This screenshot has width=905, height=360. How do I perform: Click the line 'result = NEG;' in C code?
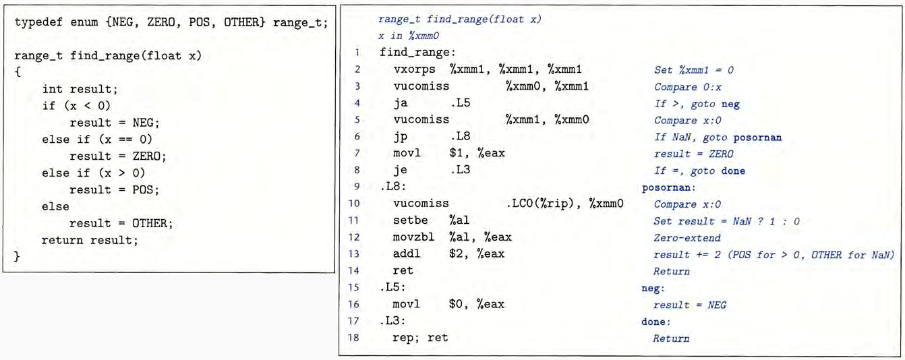tap(114, 123)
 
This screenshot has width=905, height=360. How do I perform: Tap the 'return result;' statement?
tap(90, 239)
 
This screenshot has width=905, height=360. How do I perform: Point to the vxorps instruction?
tap(414, 69)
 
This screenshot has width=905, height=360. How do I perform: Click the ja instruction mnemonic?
tap(401, 103)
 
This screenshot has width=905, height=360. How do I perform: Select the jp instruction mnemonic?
tap(401, 137)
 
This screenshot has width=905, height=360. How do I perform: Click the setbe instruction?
tap(410, 220)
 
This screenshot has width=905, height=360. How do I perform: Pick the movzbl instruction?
tap(414, 237)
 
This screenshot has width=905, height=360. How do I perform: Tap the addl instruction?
tap(407, 254)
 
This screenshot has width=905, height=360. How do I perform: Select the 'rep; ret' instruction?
tap(419, 338)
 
